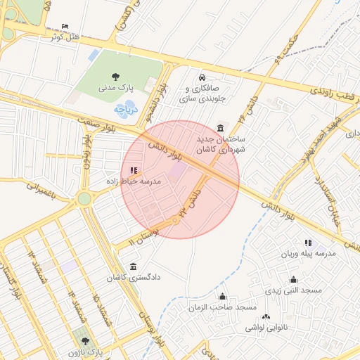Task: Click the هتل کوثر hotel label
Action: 63,37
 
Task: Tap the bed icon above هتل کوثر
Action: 65,26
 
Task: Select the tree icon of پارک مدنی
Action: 115,77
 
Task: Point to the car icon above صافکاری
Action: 202,77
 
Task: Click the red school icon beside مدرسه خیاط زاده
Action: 134,169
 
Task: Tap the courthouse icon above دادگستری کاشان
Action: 134,266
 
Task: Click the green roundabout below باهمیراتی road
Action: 84,199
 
